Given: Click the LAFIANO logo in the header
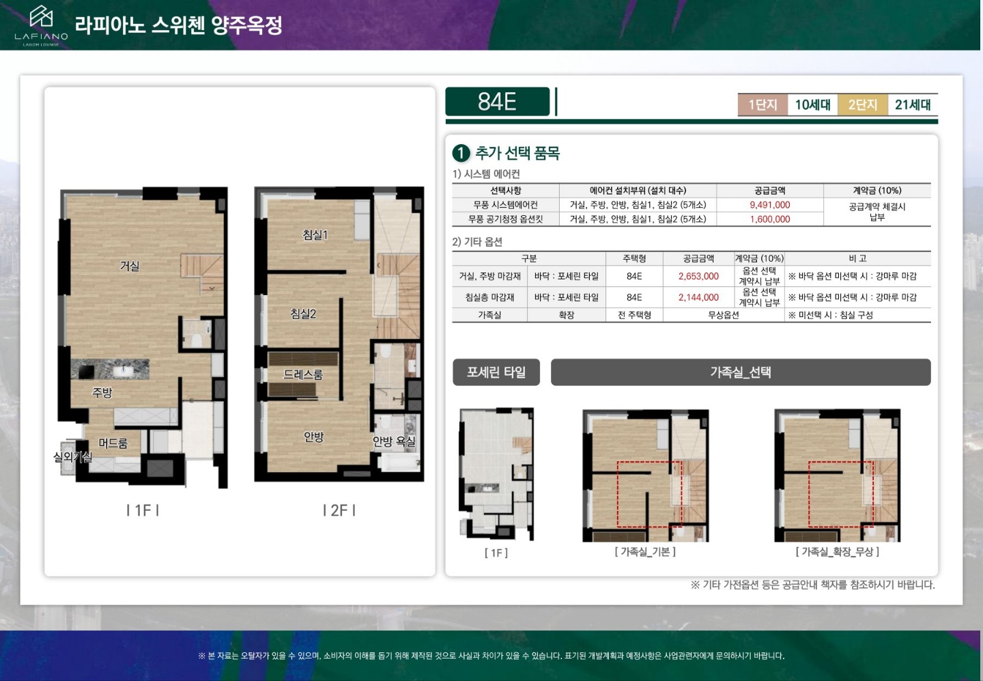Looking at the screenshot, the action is [41, 25].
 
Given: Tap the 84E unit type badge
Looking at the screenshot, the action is [497, 101].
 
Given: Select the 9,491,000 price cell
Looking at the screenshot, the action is [770, 205].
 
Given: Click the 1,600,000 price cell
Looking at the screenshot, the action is [770, 219].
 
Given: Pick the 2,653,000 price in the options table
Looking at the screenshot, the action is [698, 276].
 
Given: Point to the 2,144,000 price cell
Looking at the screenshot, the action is [698, 297].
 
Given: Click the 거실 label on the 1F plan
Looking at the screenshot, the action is [130, 266].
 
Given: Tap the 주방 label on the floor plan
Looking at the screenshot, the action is [102, 392].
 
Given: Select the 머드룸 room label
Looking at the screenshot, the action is [113, 443].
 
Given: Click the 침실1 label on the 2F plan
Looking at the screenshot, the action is [315, 235].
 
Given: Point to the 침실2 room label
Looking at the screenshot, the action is [303, 314].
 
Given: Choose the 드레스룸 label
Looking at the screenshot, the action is [303, 374].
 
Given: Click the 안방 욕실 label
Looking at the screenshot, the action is [394, 441].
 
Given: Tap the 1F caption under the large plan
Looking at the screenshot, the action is [143, 510].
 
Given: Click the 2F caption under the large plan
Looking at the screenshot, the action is [339, 510].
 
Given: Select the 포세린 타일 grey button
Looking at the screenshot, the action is [496, 372].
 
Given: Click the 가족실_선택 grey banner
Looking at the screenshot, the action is [741, 372].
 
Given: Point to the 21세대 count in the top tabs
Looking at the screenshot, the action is [913, 105].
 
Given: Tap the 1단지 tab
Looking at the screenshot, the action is [763, 105].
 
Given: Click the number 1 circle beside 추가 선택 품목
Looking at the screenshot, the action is [461, 153].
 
